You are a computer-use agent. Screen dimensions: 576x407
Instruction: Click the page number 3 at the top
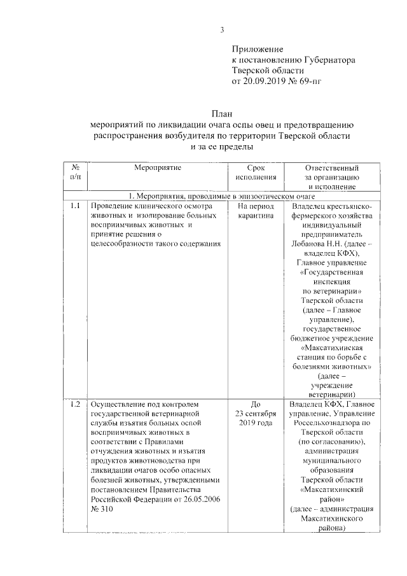[x=222, y=29]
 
